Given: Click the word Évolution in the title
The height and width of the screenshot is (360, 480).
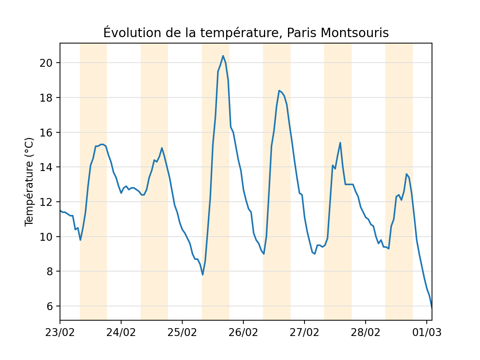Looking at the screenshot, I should (126, 33).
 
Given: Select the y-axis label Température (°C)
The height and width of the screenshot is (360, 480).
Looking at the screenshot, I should (29, 182).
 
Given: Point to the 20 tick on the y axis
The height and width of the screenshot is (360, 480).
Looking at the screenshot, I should (45, 63).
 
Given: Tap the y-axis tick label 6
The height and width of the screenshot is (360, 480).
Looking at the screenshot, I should (49, 306).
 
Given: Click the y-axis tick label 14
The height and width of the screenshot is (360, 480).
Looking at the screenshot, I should (45, 167).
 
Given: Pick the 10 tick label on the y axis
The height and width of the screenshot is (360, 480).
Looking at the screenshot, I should (45, 237).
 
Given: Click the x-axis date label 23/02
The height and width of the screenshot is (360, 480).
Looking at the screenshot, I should (60, 332).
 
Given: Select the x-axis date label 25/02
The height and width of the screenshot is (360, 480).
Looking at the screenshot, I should (182, 332).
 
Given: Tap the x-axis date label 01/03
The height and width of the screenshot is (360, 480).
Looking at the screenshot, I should (426, 332).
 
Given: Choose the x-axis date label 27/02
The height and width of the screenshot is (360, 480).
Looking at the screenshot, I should (304, 332).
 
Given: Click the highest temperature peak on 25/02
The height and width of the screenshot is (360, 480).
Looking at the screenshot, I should (223, 56).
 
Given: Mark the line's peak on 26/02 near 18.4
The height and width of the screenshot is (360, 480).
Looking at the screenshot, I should (279, 90).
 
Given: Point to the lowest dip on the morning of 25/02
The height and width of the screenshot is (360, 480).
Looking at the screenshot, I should (202, 274).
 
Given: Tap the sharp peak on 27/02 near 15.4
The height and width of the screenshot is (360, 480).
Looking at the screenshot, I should (340, 142).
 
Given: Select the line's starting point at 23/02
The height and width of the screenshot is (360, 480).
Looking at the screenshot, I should (60, 210).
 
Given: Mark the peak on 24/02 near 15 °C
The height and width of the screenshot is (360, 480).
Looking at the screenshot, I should (162, 148).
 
